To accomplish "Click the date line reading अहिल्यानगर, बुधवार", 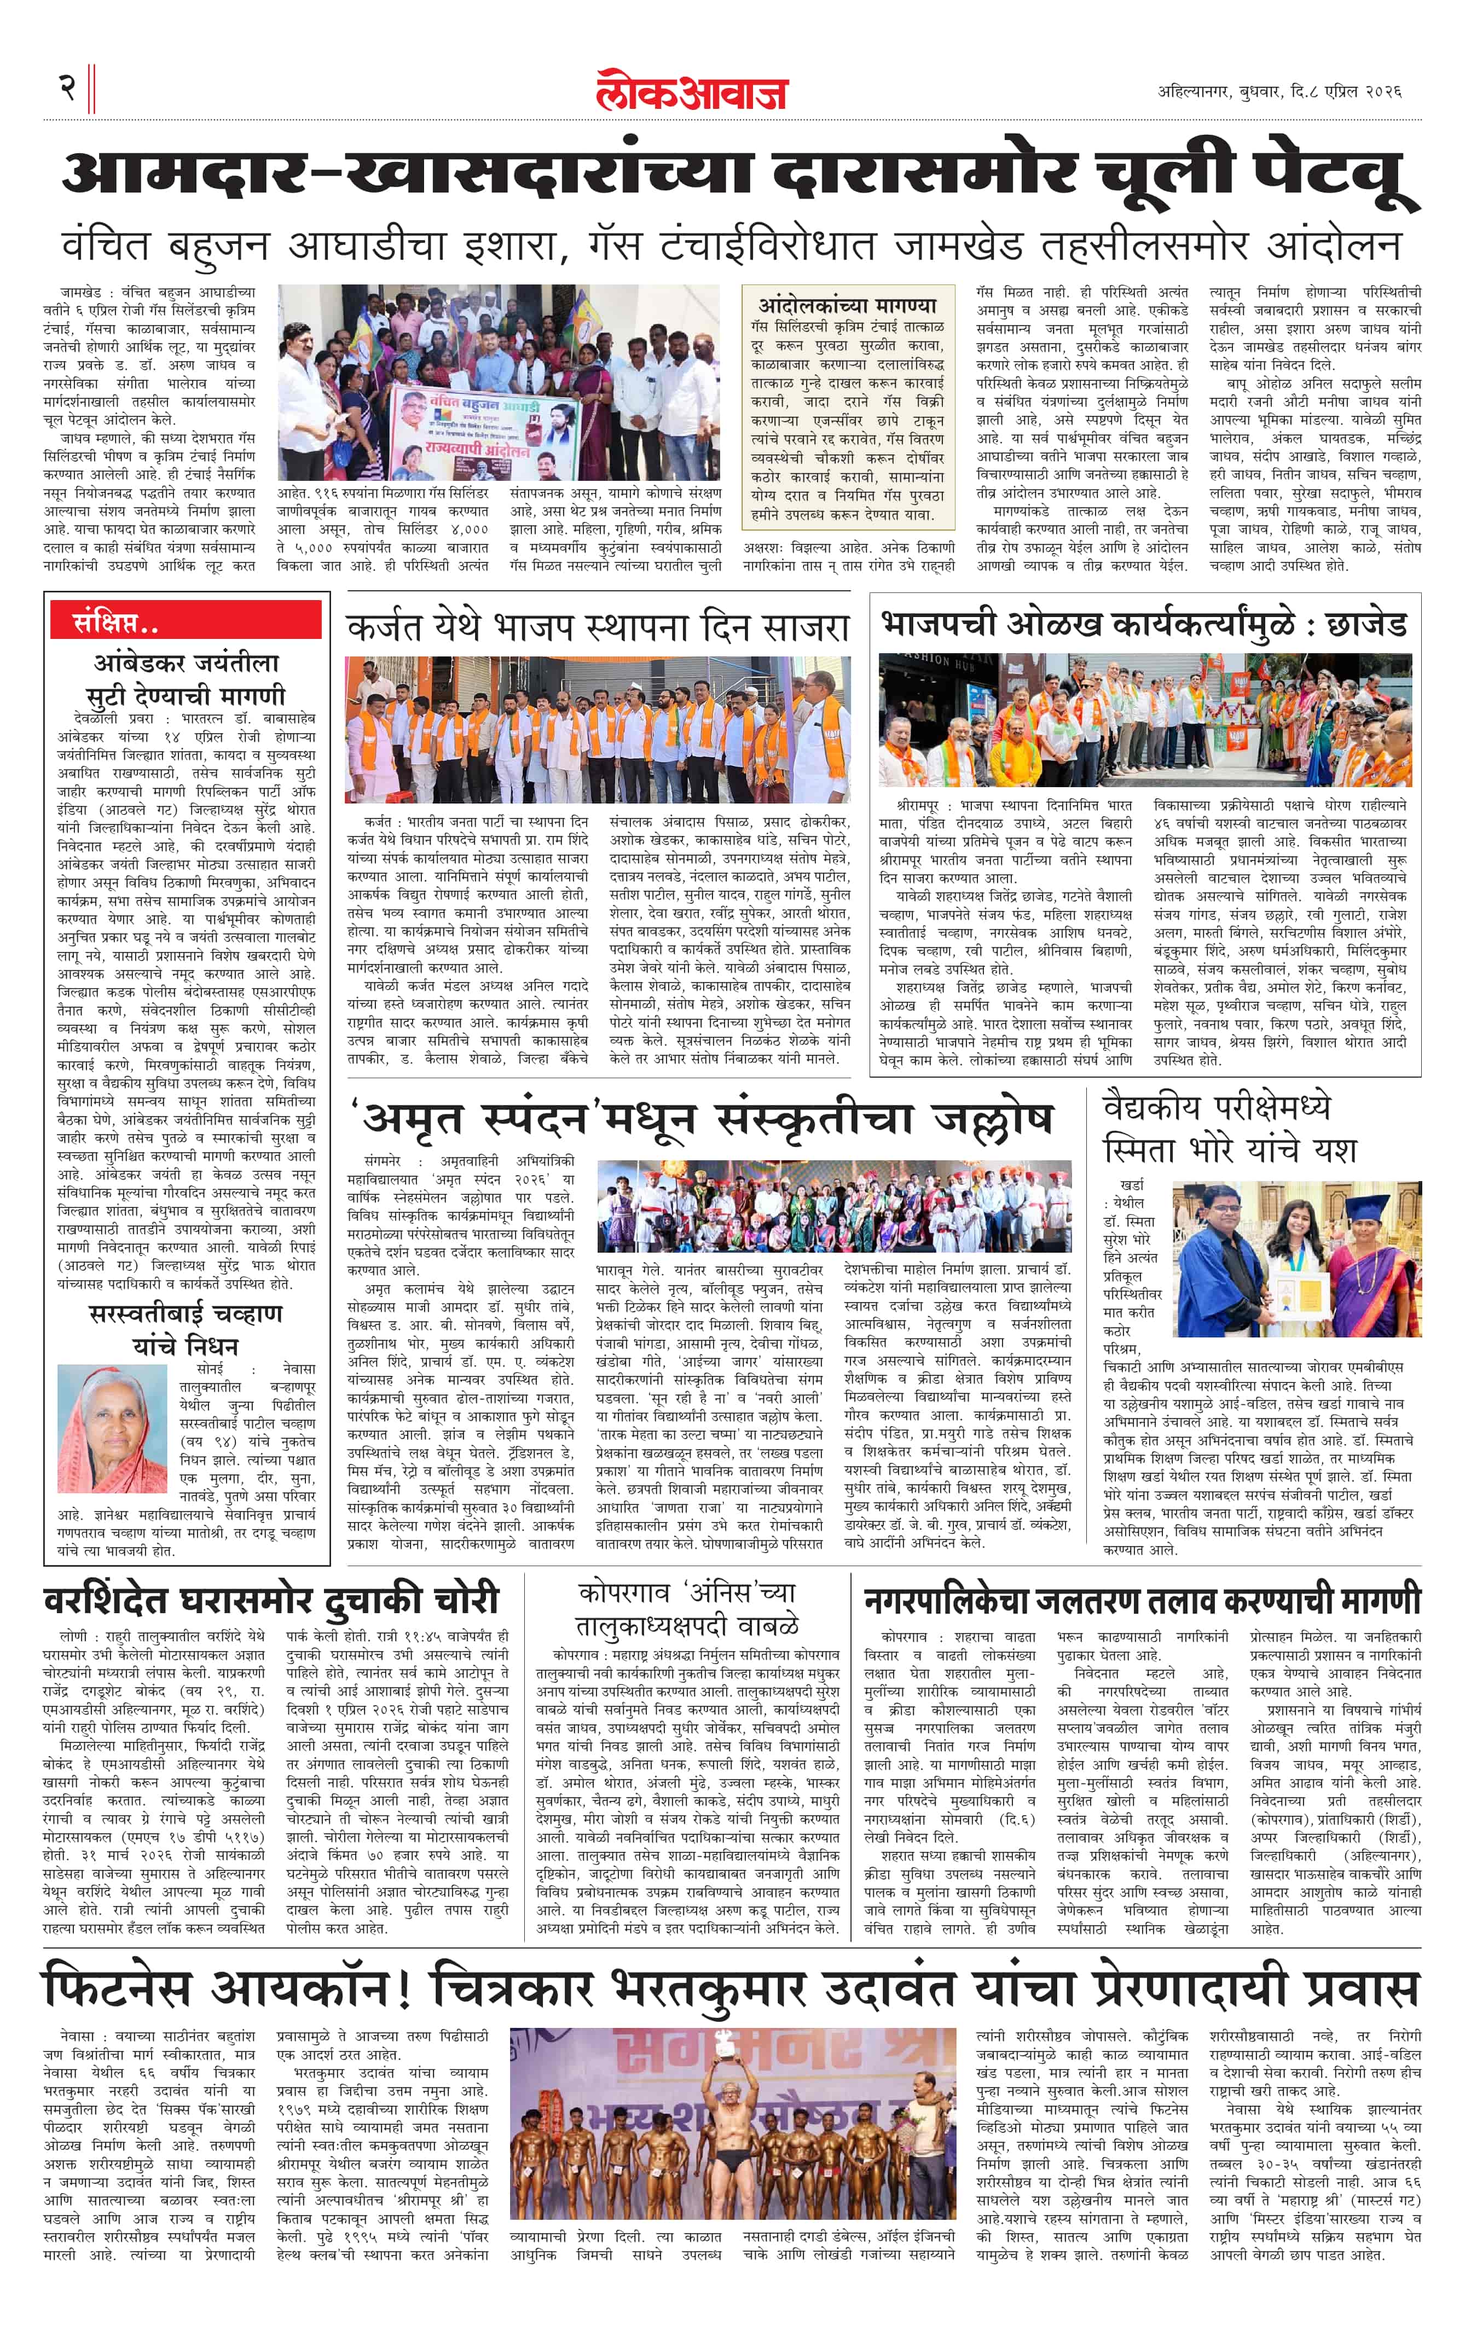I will [1278, 92].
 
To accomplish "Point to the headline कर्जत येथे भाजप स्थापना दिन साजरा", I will [597, 628].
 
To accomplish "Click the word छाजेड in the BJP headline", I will [1366, 624].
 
